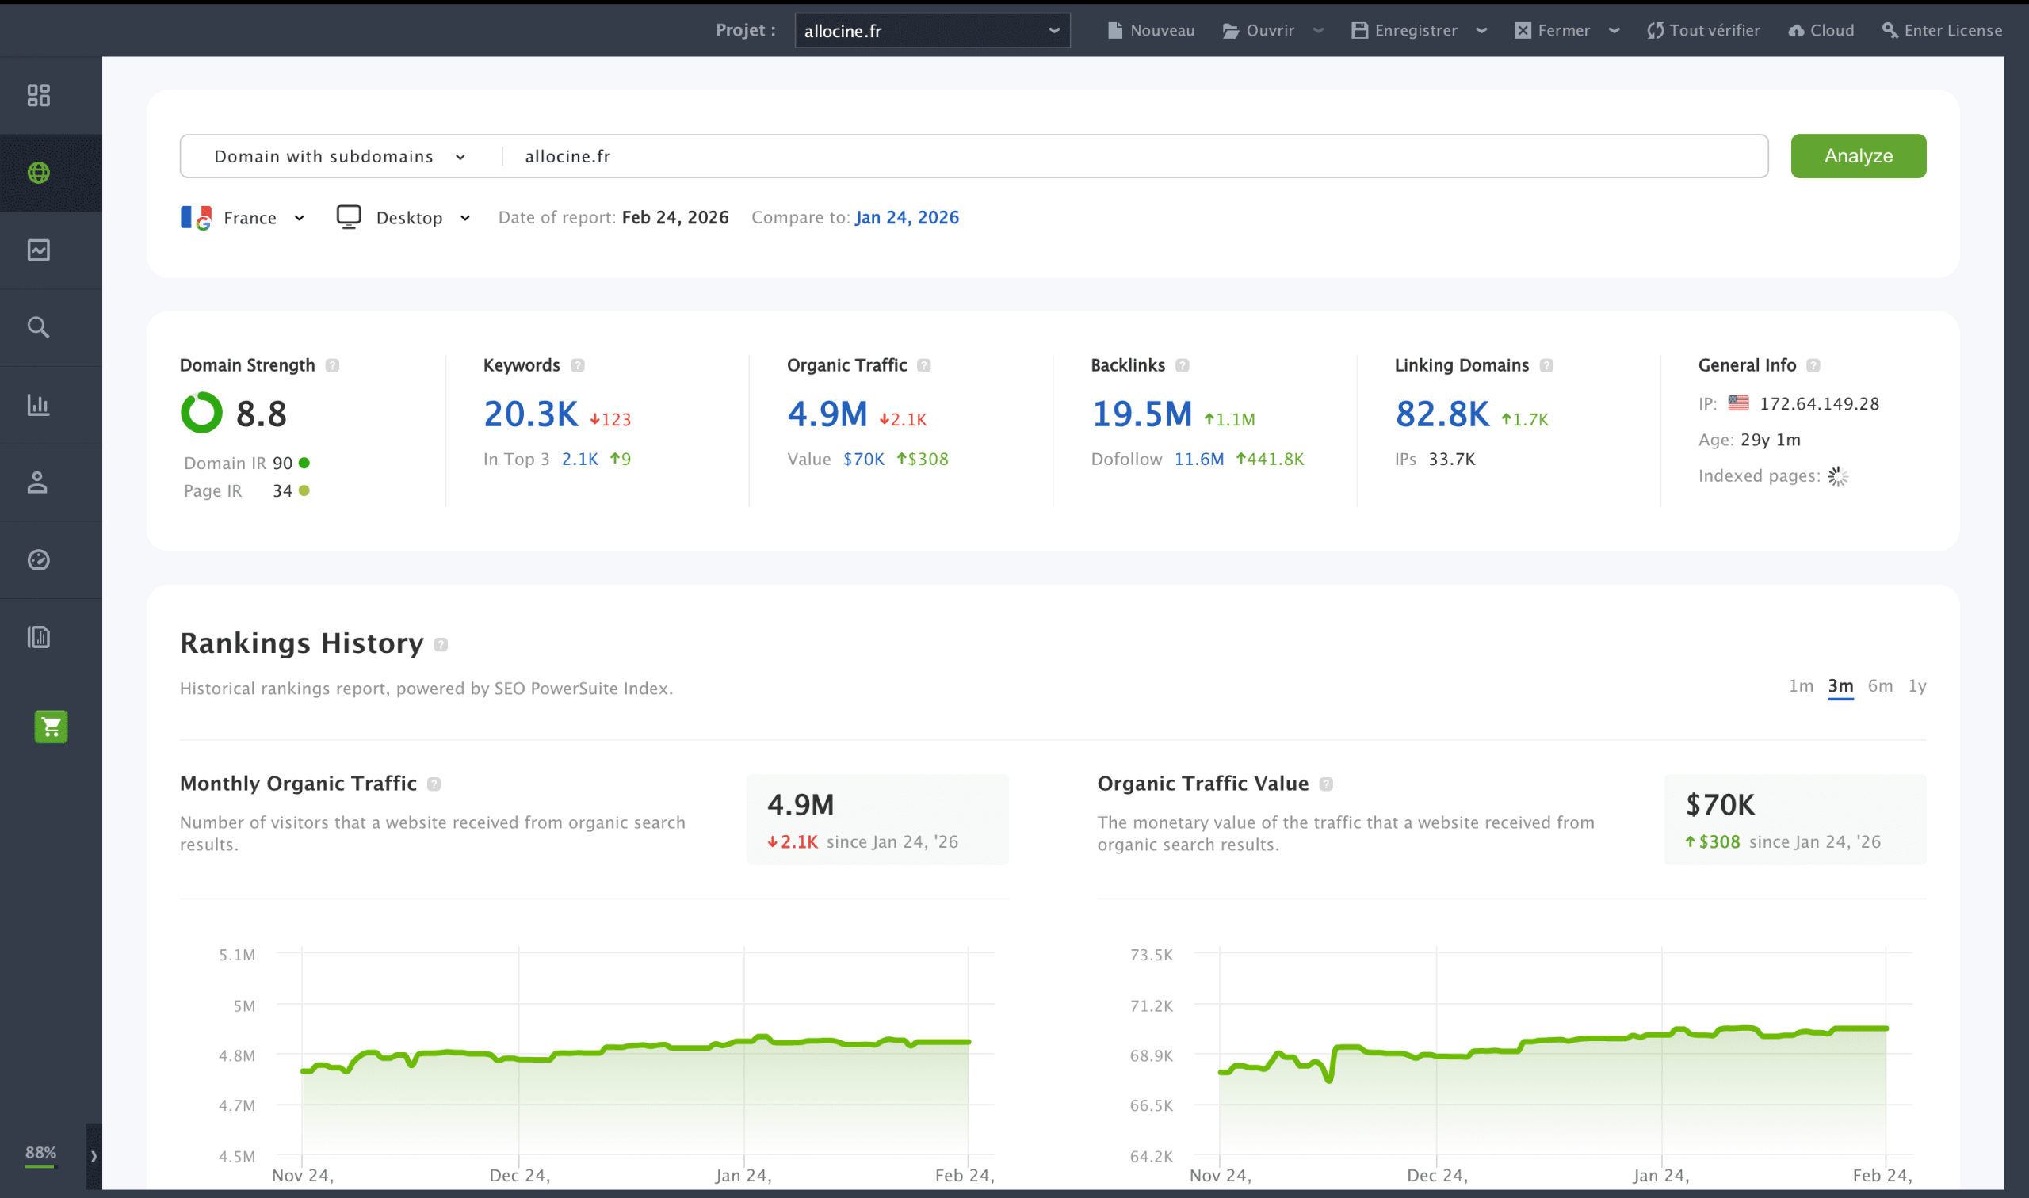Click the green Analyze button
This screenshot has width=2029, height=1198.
(x=1857, y=156)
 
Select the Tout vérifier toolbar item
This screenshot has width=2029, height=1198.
(x=1702, y=31)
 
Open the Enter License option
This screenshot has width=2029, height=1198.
(x=1941, y=31)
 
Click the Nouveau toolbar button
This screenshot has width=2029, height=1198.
(x=1151, y=31)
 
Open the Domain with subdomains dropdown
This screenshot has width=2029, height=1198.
(x=339, y=157)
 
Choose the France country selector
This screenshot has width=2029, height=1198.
(x=243, y=218)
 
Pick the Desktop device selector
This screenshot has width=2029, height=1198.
(x=403, y=218)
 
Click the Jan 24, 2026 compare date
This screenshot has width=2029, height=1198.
(x=907, y=217)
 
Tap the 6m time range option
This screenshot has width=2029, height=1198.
(x=1880, y=686)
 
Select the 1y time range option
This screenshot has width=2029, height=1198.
(x=1916, y=686)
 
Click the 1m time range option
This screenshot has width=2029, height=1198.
(x=1801, y=686)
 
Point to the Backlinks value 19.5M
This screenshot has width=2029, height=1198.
(x=1141, y=414)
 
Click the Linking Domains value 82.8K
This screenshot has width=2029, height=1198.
(x=1442, y=414)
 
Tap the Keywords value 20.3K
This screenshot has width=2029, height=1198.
(x=530, y=414)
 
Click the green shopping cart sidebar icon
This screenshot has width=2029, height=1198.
(x=51, y=727)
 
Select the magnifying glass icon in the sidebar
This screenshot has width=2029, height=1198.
(x=38, y=328)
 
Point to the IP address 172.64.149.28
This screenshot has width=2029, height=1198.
(x=1819, y=403)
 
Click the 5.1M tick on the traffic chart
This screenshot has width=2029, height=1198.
(x=236, y=955)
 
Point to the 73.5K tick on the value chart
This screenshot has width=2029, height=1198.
(x=1152, y=955)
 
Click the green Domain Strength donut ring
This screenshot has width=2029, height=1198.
(x=201, y=413)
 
